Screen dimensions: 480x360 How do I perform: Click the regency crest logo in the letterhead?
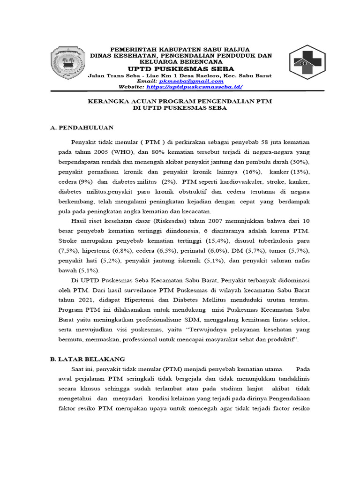click(68, 62)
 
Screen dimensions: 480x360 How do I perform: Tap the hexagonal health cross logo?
click(307, 62)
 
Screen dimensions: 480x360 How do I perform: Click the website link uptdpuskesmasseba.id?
click(195, 87)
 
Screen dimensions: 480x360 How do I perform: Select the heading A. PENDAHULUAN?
click(82, 127)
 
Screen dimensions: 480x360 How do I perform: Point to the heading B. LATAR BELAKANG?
click(88, 359)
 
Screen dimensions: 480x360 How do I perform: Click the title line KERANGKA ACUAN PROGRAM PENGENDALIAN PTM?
click(180, 101)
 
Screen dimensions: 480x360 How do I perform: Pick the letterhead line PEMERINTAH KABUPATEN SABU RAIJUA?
click(180, 49)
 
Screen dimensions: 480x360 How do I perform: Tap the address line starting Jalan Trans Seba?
click(180, 75)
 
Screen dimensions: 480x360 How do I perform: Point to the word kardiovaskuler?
click(222, 182)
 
